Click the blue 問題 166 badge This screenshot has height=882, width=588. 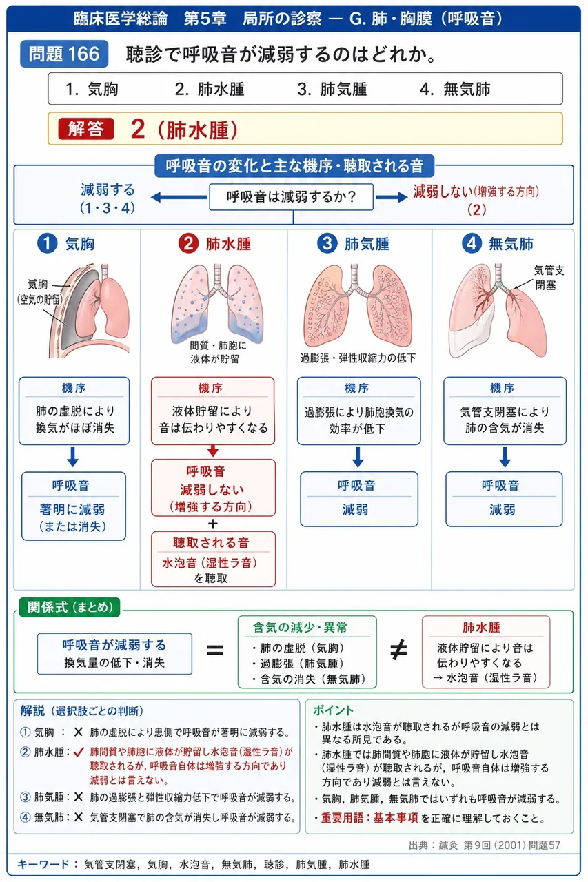[64, 54]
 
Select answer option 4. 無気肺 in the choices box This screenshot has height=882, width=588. [455, 90]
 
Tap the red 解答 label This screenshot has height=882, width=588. [86, 129]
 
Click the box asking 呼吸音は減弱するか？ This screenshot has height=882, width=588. [291, 196]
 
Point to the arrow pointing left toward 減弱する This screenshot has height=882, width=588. [179, 197]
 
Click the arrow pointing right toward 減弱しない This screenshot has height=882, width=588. [392, 197]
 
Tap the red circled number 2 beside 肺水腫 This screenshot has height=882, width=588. [188, 244]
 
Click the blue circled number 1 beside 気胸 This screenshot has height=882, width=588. [48, 244]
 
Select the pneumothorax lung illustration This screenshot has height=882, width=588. [90, 310]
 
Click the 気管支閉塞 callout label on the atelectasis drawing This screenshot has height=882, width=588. [549, 278]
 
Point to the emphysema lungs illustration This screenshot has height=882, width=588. [358, 307]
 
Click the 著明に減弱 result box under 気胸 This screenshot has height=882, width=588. [74, 506]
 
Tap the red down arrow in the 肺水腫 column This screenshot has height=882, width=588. [213, 451]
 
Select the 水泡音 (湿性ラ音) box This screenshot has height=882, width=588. [213, 559]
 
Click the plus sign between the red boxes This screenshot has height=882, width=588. [213, 524]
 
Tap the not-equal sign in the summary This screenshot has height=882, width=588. [398, 650]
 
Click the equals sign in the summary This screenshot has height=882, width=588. [215, 650]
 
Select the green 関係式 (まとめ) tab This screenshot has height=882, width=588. [70, 607]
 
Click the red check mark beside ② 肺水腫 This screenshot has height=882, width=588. [79, 752]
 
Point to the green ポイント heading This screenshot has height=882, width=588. [333, 710]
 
